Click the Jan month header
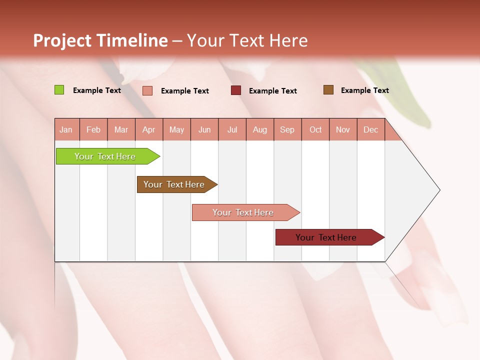pos(66,129)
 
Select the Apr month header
pos(149,129)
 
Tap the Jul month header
pos(232,129)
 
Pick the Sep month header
pos(287,129)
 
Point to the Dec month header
pos(371,129)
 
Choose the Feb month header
pos(93,129)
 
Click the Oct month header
pos(315,129)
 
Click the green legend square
pos(59,90)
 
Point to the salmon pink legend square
pos(147,90)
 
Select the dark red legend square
pos(236,90)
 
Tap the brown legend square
pos(328,90)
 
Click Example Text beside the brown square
pos(364,90)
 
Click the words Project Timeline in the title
pos(100,40)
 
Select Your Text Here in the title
pos(247,40)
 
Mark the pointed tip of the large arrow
pos(439,190)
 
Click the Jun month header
pos(204,129)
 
